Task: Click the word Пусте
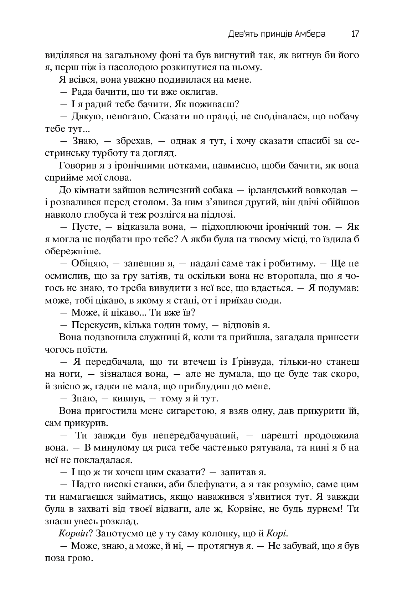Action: [84, 227]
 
